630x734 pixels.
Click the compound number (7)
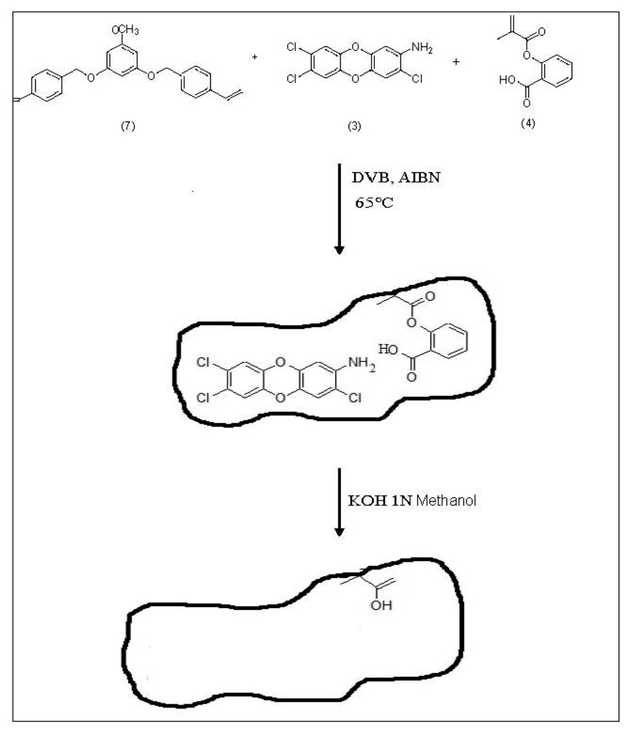pyautogui.click(x=128, y=127)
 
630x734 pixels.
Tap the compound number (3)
pyautogui.click(x=354, y=127)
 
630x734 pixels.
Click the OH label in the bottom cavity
pyautogui.click(x=381, y=606)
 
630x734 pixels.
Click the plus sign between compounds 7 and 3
pyautogui.click(x=254, y=57)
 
